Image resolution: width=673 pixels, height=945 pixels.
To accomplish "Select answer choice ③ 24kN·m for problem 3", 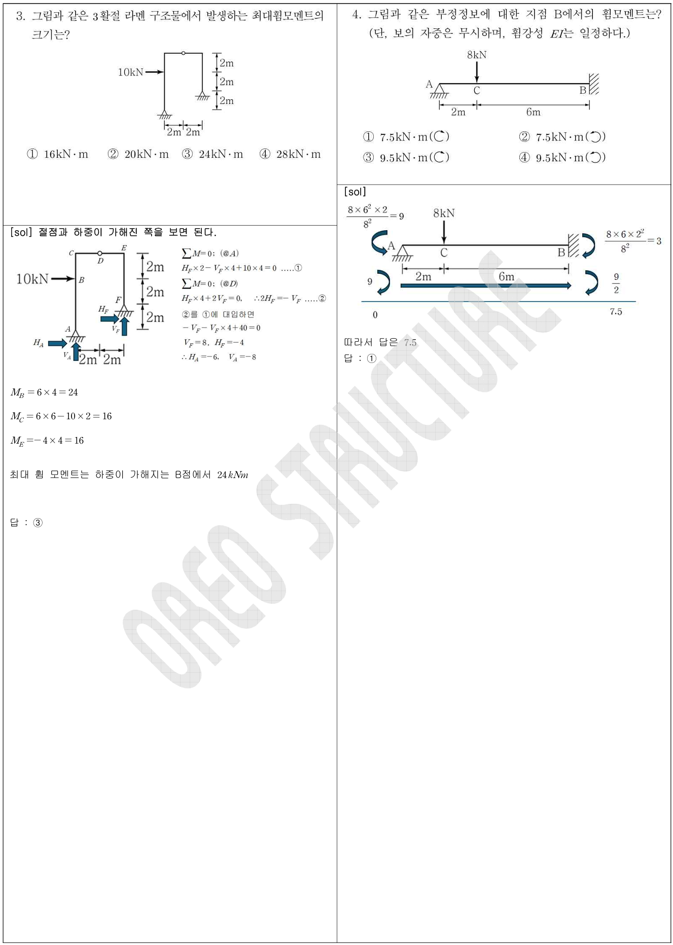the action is point(212,154).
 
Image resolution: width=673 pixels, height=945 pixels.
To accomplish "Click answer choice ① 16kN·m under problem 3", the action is point(57,154).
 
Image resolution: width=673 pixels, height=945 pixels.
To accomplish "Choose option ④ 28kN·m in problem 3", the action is point(290,154).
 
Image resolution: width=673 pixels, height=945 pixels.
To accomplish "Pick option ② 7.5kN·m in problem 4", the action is point(562,137).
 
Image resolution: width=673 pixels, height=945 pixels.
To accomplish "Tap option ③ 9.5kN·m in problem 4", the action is point(406,158).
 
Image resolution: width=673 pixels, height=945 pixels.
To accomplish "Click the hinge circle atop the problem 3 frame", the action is point(183,53).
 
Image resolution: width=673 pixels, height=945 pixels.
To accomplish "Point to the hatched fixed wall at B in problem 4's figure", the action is point(594,84).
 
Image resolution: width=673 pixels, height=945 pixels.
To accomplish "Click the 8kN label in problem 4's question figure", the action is point(477,55).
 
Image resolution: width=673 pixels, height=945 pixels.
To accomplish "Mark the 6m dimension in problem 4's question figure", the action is point(533,112).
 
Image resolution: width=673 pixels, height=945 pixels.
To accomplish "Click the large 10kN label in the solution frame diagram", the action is point(32,279).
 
